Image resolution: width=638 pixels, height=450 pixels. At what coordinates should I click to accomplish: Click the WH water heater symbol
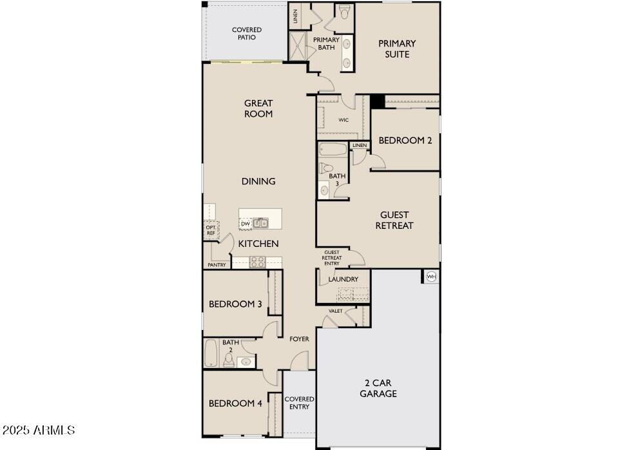point(431,277)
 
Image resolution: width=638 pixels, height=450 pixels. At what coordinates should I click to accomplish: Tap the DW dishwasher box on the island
point(246,224)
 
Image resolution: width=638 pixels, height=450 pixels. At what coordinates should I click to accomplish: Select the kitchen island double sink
point(261,224)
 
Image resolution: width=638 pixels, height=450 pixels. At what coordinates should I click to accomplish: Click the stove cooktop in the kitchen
point(257,262)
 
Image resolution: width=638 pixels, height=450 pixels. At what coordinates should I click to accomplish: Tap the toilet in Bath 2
point(228,360)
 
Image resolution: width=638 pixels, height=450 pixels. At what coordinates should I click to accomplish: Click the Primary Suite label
point(397,49)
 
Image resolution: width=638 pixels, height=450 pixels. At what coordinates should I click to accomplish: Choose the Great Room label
point(258,108)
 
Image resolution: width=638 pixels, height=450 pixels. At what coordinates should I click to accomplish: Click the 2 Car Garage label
point(378,388)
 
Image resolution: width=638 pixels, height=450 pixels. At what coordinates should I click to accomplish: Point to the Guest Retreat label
point(394,220)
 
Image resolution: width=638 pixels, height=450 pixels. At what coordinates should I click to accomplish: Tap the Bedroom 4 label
point(235,404)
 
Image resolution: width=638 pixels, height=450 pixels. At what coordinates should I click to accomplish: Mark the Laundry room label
point(343,279)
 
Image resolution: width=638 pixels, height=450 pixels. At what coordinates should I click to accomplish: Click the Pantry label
point(217,265)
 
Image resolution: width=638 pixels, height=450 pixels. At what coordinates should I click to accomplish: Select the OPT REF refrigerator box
point(211,230)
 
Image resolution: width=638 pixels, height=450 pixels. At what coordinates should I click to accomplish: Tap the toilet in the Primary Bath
point(345,12)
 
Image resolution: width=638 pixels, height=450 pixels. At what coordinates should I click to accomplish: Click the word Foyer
point(299,339)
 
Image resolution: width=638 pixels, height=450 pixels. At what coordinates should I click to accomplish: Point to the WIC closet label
point(343,120)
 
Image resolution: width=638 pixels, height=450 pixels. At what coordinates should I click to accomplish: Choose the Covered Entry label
point(299,403)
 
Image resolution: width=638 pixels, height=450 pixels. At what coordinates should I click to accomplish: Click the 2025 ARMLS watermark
point(39,430)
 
